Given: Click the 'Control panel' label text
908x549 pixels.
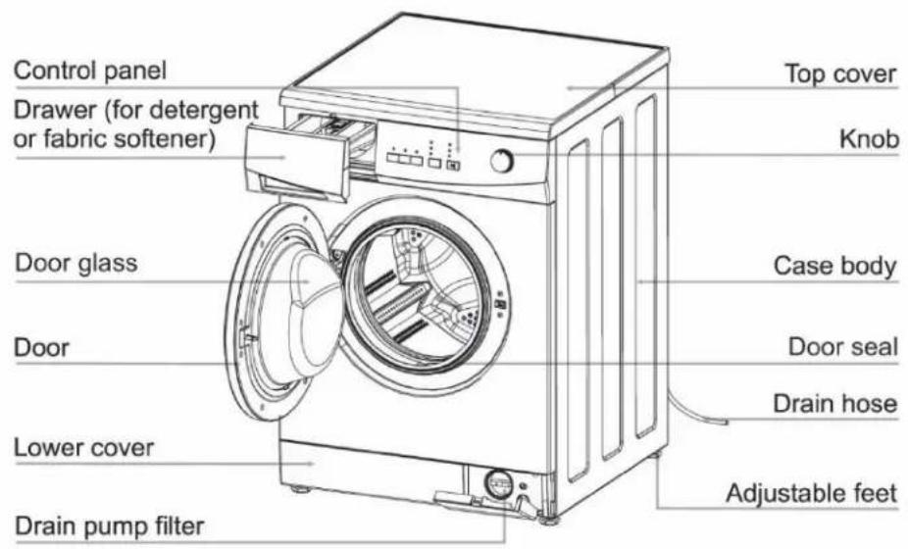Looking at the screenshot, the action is click(90, 71).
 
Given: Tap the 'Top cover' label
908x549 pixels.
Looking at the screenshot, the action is click(840, 75).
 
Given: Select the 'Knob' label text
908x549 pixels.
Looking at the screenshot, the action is click(869, 139).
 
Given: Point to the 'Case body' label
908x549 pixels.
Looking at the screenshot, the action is click(834, 266).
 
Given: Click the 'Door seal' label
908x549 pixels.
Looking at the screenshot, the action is click(842, 347).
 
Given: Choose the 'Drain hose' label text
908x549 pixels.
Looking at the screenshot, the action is click(835, 403).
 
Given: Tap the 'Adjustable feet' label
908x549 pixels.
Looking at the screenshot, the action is click(811, 494).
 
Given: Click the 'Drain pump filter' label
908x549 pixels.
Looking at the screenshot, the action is click(110, 526).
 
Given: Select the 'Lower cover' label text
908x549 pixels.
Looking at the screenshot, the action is click(83, 448).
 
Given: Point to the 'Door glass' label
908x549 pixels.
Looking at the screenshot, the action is click(76, 263).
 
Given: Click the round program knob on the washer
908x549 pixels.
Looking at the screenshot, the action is click(501, 161).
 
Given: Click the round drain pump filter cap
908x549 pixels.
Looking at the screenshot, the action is click(498, 483).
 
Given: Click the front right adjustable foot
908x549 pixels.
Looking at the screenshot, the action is click(548, 519).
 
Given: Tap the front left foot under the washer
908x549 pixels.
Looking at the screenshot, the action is click(300, 489).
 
